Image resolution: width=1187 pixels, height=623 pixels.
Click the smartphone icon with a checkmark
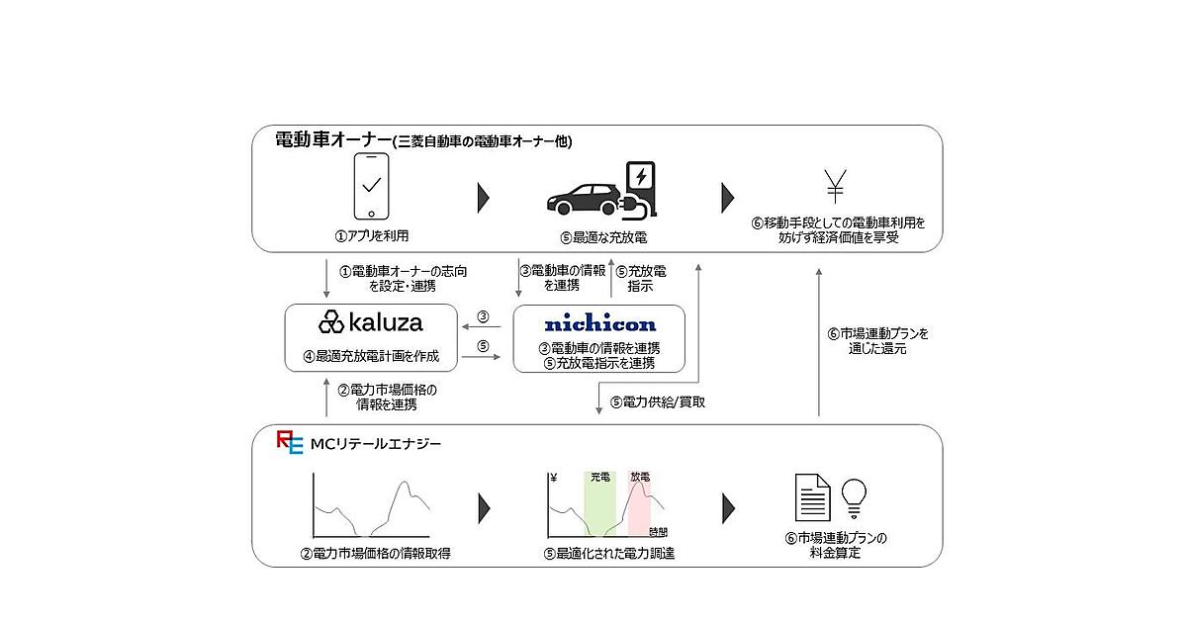pyautogui.click(x=372, y=186)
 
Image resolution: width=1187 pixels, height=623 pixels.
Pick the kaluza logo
pyautogui.click(x=370, y=321)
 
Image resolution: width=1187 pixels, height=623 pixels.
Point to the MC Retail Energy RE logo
pyautogui.click(x=290, y=443)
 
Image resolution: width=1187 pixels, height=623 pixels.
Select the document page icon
pyautogui.click(x=812, y=497)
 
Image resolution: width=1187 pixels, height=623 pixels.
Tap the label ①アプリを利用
pyautogui.click(x=372, y=237)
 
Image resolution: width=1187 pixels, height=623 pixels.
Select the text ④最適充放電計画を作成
pyautogui.click(x=372, y=355)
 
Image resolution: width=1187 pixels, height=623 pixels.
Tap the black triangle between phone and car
pyautogui.click(x=484, y=197)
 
